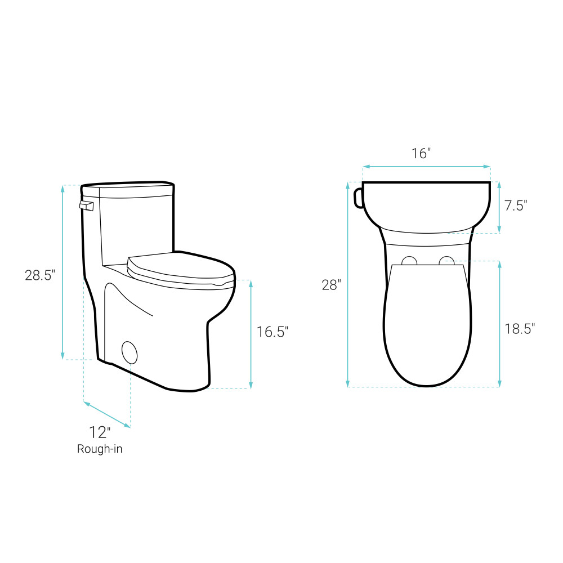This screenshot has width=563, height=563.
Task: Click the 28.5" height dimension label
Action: tap(40, 275)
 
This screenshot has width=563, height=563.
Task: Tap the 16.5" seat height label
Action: tap(272, 332)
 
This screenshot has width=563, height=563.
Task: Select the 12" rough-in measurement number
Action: tap(100, 432)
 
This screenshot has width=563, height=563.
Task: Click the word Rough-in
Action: tap(100, 449)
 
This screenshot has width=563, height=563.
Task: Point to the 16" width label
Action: tap(421, 153)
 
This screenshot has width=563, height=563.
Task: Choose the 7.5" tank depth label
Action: tap(516, 205)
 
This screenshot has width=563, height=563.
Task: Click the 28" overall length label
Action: tap(331, 285)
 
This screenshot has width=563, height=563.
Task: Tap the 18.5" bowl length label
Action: tap(520, 329)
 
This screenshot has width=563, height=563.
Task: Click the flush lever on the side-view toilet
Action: tap(86, 205)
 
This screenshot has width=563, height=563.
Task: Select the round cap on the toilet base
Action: tap(129, 352)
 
